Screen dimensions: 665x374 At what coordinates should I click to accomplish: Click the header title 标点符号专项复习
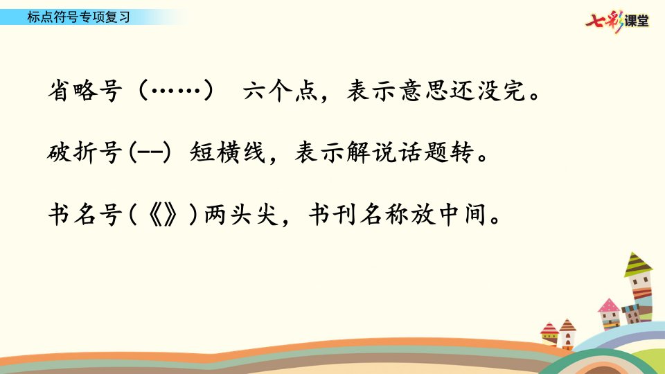(78, 17)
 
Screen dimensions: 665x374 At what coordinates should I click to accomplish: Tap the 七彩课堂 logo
(617, 21)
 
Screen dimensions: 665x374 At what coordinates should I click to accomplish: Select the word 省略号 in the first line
(85, 90)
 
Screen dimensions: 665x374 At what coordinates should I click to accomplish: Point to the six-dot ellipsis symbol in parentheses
(176, 90)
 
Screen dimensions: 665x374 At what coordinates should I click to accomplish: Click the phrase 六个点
(281, 90)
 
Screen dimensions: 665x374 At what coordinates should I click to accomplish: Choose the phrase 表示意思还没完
(436, 90)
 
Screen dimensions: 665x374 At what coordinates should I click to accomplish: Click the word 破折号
(85, 152)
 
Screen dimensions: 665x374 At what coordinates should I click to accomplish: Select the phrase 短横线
(227, 152)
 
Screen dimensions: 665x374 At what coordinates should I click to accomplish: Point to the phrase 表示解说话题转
(384, 152)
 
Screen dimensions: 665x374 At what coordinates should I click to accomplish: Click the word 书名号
(85, 214)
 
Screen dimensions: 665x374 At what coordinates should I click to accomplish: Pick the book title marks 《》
(163, 215)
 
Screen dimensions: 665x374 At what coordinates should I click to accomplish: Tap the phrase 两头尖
(241, 214)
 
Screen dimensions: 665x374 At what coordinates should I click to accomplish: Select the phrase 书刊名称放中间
(398, 214)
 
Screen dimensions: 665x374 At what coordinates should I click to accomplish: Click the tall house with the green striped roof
(639, 288)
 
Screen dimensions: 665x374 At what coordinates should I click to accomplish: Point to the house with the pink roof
(610, 314)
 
